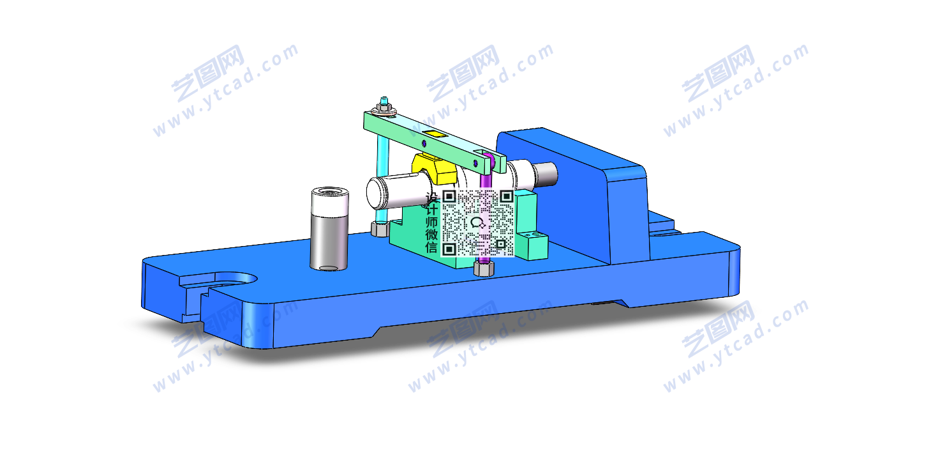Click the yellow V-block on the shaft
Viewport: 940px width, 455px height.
435,168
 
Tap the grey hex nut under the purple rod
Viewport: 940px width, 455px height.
484,268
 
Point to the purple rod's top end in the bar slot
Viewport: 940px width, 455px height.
487,157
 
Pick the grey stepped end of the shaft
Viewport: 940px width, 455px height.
546,174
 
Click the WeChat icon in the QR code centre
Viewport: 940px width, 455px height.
478,222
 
